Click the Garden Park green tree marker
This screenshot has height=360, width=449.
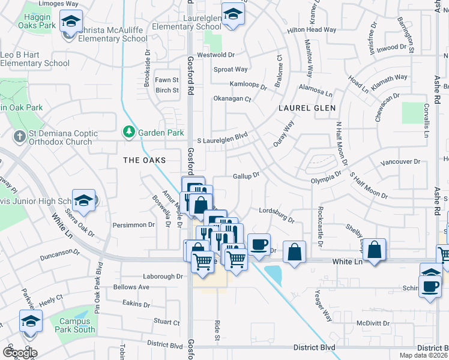coord(128,131)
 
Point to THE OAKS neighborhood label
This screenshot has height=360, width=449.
coord(143,160)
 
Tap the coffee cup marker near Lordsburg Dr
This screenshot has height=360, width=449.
coord(259,245)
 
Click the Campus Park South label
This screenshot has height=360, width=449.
coord(77,325)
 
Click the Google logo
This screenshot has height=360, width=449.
coord(20,352)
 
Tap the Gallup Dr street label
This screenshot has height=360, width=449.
coord(246,176)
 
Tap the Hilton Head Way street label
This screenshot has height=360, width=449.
coord(312,29)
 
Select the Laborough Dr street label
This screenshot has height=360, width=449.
coord(163,276)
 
